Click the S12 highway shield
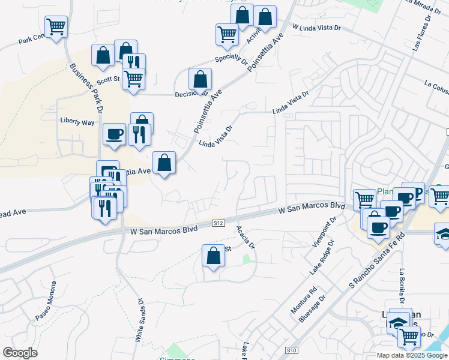pyautogui.click(x=219, y=223)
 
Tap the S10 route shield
pyautogui.click(x=292, y=350)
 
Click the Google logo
pyautogui.click(x=20, y=353)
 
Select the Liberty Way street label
pyautogui.click(x=77, y=122)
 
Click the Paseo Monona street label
pyautogui.click(x=46, y=301)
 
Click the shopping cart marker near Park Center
pyautogui.click(x=56, y=26)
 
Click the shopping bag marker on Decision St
pyautogui.click(x=200, y=79)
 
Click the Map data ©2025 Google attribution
pyautogui.click(x=411, y=355)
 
